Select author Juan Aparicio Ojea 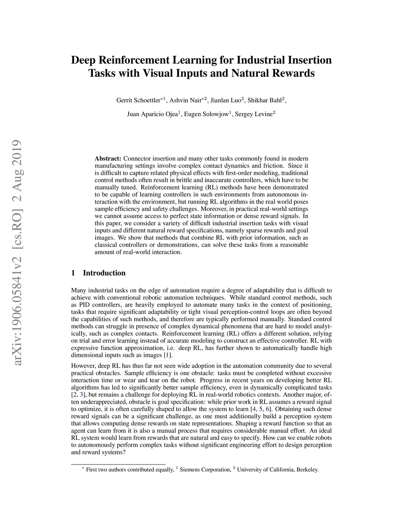click(152, 115)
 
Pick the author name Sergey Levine click(253, 115)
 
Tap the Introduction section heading click(104, 273)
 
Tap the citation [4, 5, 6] click(261, 409)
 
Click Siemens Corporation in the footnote click(205, 470)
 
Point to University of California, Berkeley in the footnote click(277, 470)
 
